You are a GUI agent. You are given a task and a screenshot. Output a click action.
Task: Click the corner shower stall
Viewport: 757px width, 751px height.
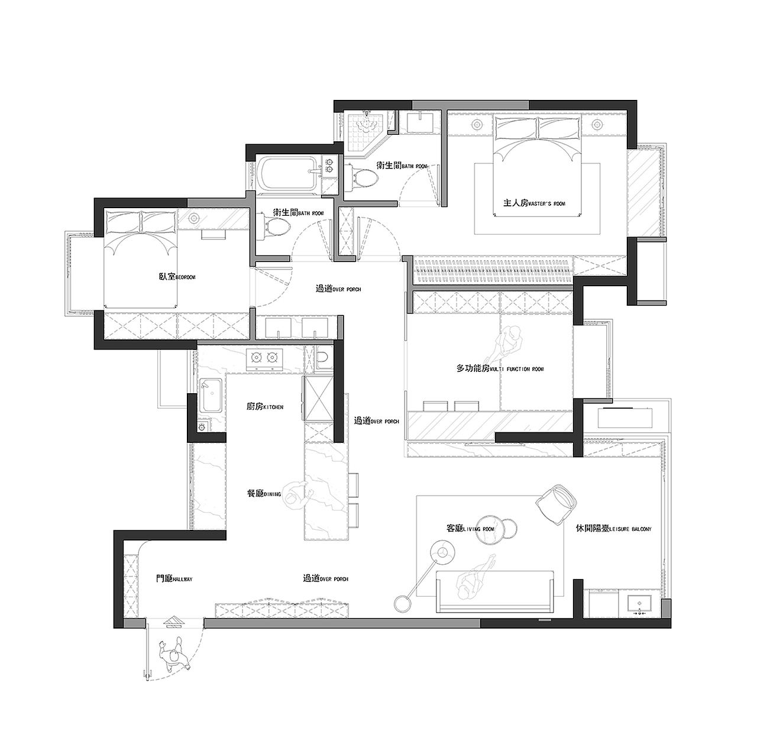click(366, 132)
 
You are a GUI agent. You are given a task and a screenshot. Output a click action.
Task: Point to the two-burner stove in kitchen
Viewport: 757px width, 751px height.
click(264, 358)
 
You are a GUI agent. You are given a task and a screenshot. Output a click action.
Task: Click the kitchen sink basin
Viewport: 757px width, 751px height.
click(211, 394)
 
